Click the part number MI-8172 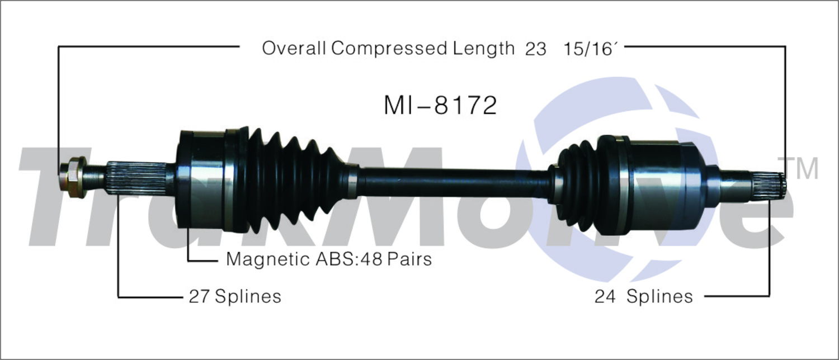pyautogui.click(x=440, y=105)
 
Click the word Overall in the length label pyautogui.click(x=294, y=48)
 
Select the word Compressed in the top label pyautogui.click(x=389, y=49)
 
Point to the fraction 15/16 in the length pyautogui.click(x=590, y=49)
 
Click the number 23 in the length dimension pyautogui.click(x=536, y=49)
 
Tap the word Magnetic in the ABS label pyautogui.click(x=268, y=259)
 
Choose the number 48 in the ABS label pyautogui.click(x=372, y=259)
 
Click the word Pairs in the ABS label pyautogui.click(x=409, y=259)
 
